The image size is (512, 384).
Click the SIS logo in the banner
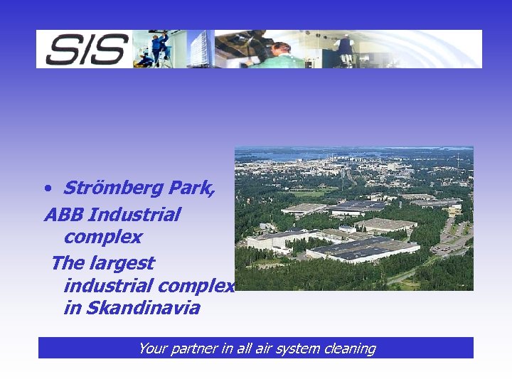coord(86,49)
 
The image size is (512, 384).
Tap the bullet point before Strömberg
coord(46,189)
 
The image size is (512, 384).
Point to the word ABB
coord(65,214)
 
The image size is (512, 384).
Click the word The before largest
coord(68,262)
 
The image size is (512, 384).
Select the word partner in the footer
coord(192,348)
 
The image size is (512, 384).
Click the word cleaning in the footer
coord(348,348)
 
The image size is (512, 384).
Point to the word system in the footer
coord(296,348)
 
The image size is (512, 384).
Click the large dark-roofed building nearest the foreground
coord(363,250)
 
